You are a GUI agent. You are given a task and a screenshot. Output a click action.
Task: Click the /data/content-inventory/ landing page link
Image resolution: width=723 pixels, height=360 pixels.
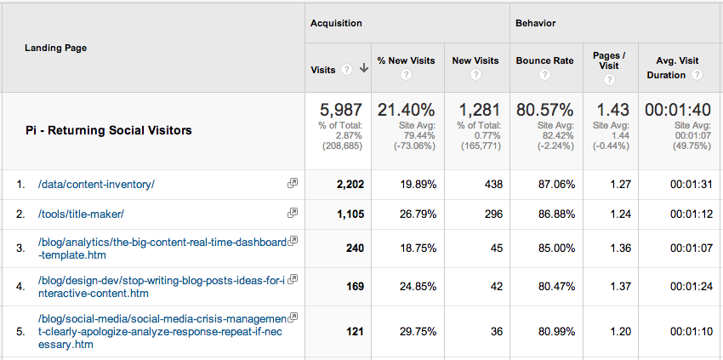(x=96, y=184)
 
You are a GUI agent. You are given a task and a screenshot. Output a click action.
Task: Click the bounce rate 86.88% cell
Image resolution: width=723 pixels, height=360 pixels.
(x=552, y=214)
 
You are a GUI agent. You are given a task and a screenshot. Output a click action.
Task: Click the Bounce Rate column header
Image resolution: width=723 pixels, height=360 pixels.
(x=544, y=60)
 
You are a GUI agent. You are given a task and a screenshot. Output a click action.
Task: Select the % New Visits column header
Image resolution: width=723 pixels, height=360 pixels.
(x=406, y=60)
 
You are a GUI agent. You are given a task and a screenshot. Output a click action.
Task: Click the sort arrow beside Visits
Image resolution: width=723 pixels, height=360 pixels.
(x=363, y=69)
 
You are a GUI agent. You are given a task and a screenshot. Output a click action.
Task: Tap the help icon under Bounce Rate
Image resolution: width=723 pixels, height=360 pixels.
(x=544, y=75)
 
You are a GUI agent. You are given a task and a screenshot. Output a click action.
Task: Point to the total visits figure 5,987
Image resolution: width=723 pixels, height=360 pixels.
(x=340, y=110)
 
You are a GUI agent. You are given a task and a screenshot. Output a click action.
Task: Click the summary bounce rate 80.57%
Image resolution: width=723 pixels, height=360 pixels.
(x=544, y=110)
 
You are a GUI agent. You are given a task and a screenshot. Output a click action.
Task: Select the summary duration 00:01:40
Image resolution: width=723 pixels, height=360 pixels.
(x=678, y=110)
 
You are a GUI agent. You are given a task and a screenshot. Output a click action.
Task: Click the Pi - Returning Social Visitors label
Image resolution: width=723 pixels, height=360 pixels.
(x=109, y=130)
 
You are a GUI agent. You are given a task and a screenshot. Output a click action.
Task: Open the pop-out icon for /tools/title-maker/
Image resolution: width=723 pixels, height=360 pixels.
(x=293, y=213)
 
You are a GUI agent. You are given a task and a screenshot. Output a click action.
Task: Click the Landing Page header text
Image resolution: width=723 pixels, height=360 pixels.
(x=55, y=48)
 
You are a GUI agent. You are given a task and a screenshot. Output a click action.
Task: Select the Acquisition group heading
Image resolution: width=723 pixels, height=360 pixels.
(x=336, y=23)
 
